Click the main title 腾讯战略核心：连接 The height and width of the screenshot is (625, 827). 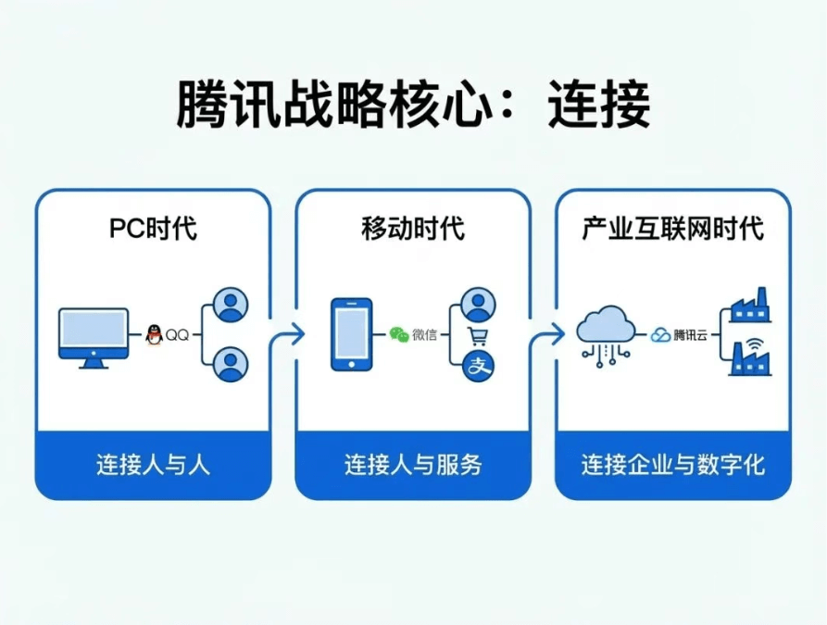413,105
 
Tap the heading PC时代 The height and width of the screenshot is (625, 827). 153,229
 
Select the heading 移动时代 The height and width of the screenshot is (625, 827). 413,229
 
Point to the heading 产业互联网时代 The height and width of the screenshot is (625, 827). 673,229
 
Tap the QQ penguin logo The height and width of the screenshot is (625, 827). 155,335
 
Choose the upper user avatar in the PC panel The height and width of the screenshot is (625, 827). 231,305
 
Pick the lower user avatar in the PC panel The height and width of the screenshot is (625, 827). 231,364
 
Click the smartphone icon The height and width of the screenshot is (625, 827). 352,334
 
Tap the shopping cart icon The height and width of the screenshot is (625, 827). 479,336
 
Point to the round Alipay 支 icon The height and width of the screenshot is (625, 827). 479,367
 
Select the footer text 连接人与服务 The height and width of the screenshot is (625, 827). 413,464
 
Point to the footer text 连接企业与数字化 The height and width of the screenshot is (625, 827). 673,464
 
